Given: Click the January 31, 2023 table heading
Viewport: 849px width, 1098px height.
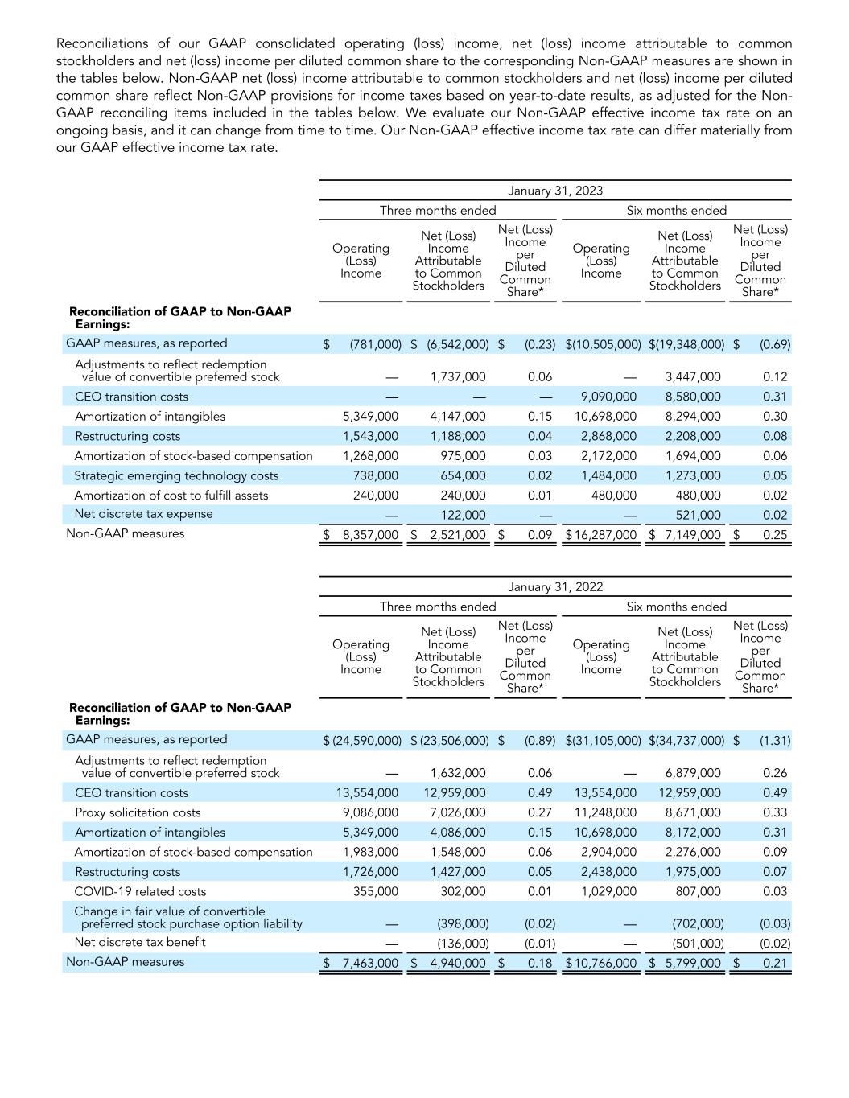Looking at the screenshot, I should point(555,191).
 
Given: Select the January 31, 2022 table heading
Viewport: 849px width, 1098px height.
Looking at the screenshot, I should point(555,586).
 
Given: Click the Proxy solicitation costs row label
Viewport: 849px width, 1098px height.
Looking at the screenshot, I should point(138,812).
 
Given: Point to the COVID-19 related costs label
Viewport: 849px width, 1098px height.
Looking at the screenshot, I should point(140,891).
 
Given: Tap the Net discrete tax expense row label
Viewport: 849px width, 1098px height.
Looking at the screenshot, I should point(143,514).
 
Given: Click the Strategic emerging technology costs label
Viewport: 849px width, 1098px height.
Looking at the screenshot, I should point(176,475).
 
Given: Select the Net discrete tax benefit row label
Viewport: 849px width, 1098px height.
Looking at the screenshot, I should point(140,942).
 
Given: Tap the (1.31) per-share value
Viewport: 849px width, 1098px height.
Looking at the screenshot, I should point(775,740).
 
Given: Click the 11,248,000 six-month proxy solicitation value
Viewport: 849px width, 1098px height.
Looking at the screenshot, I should point(605,812).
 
